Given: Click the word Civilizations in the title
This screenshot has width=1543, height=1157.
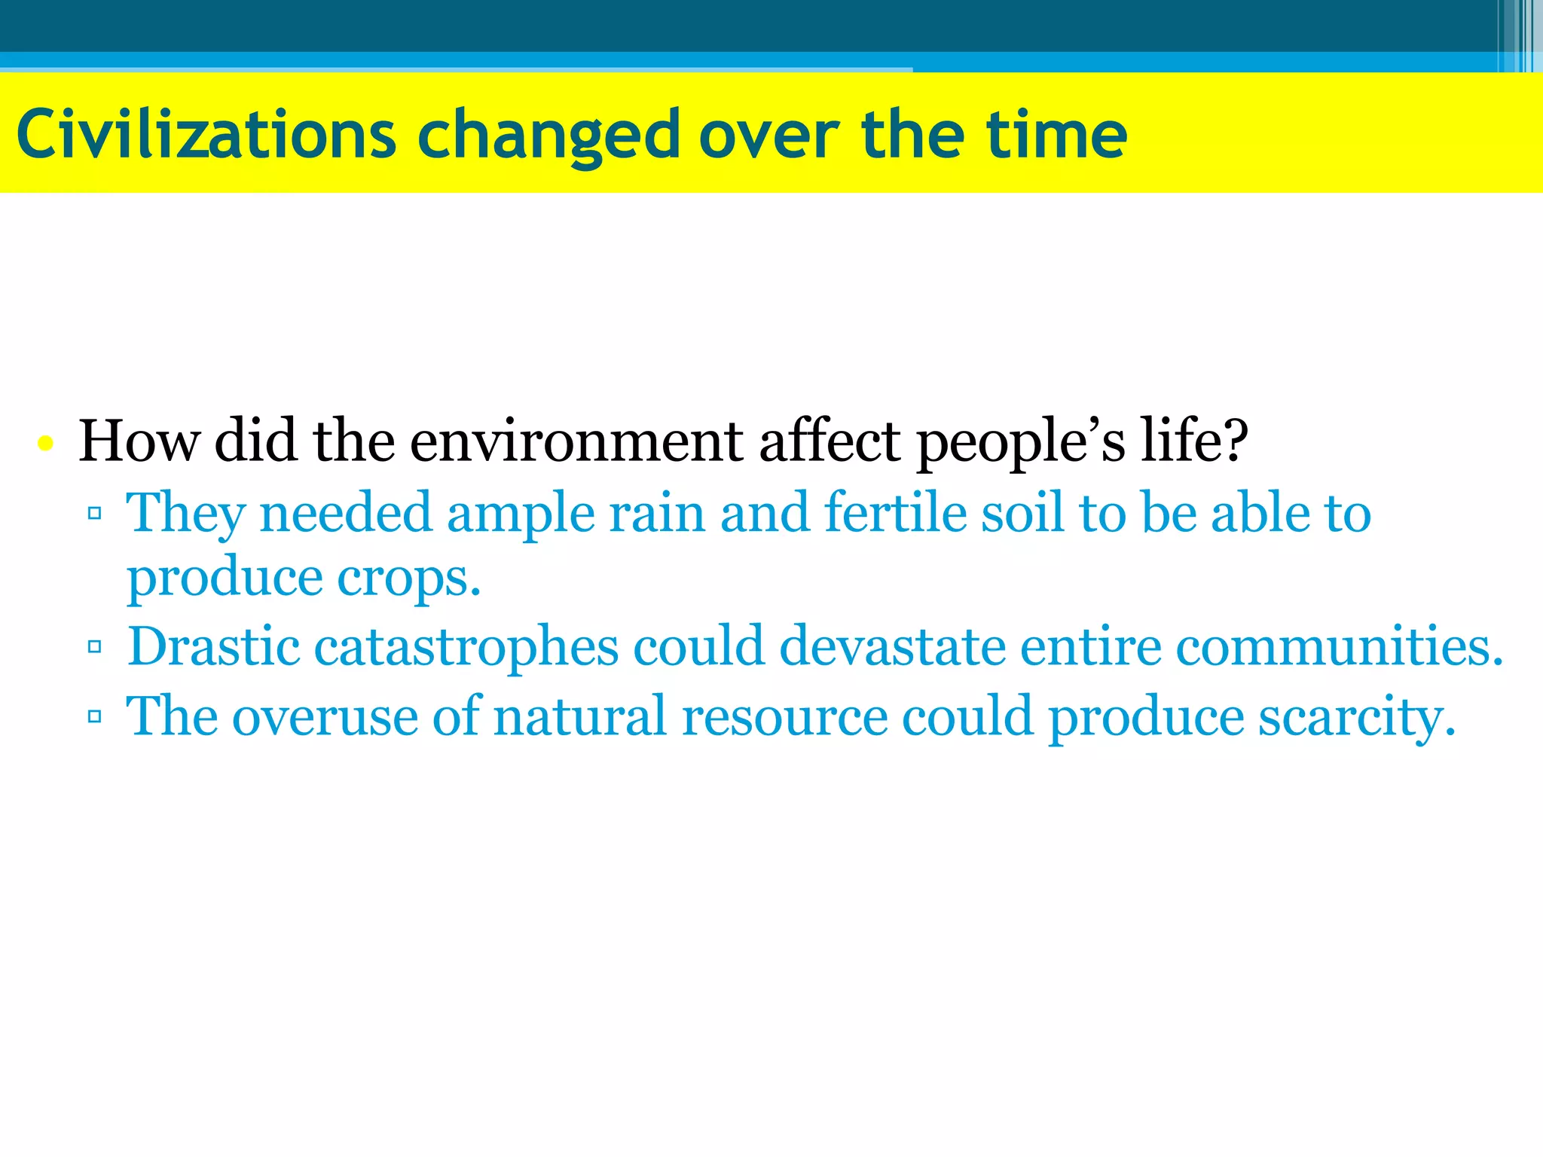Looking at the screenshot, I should point(206,136).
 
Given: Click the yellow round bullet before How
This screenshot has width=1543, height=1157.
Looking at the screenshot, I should point(46,443).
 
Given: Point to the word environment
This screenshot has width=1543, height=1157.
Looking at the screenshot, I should point(576,441).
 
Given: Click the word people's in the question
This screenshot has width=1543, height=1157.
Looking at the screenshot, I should point(1020,441).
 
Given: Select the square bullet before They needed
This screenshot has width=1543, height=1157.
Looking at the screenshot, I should point(95,514).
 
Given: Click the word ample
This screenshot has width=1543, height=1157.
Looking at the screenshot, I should point(521,514).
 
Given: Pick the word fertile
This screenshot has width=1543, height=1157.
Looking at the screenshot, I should point(894,514).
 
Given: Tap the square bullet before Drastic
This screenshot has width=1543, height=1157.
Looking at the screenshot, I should point(95,646).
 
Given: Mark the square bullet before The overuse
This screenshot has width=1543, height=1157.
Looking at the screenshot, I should point(95,716).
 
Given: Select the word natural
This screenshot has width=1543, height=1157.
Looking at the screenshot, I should point(580,717).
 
